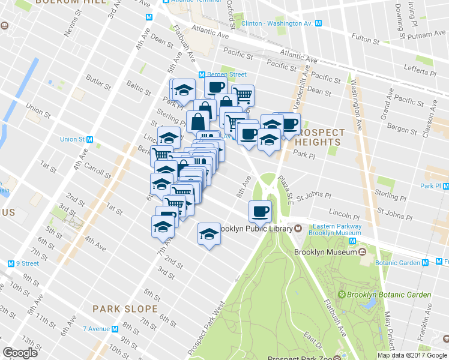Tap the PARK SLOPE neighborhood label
(x=125, y=309)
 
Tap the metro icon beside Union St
(x=89, y=139)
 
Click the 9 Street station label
(x=27, y=263)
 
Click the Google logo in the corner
(x=20, y=352)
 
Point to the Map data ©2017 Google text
(x=412, y=355)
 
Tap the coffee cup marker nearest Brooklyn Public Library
(x=260, y=212)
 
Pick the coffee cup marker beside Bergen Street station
(x=215, y=87)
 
